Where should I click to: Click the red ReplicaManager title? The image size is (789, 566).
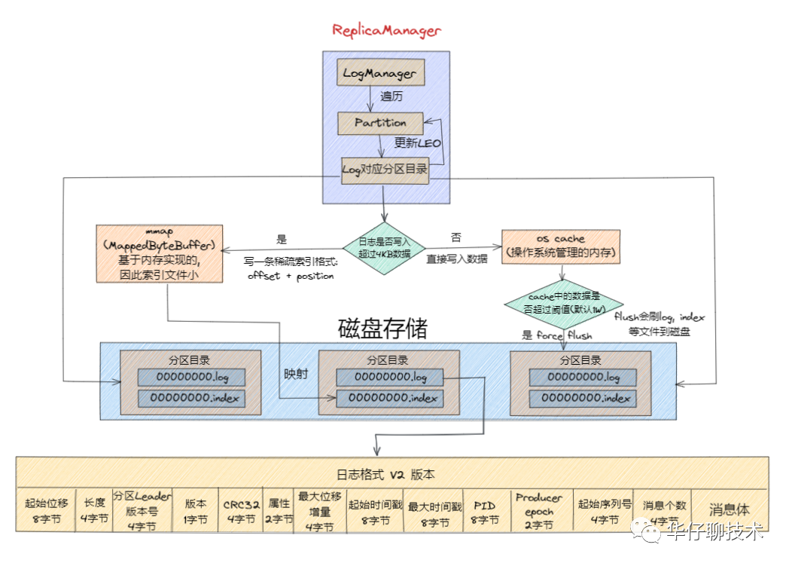(x=386, y=31)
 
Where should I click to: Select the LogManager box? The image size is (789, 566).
(x=379, y=73)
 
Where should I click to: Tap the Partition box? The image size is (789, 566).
(x=379, y=123)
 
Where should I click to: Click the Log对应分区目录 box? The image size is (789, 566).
(x=385, y=169)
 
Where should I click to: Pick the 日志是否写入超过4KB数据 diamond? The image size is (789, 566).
(x=384, y=246)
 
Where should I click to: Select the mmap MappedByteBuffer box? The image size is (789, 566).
(x=160, y=253)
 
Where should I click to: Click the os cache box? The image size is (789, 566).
(x=561, y=246)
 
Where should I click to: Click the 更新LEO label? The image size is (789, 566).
(x=418, y=143)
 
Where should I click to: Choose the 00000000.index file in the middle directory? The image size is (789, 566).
(x=389, y=398)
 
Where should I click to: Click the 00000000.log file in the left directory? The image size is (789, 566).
(x=191, y=377)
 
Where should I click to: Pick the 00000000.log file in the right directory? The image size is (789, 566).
(x=583, y=377)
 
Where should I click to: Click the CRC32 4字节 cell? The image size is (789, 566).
(x=242, y=510)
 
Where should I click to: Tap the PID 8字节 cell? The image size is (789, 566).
(x=484, y=510)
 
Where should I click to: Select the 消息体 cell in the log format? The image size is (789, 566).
(x=729, y=510)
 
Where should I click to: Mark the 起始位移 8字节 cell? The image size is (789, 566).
(x=46, y=510)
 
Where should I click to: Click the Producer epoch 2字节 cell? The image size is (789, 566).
(x=538, y=510)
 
